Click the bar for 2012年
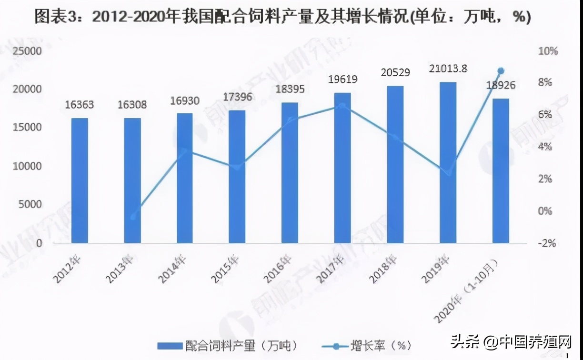click(x=80, y=180)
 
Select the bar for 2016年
click(x=290, y=172)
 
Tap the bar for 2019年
click(x=447, y=162)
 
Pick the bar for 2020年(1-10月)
click(x=501, y=170)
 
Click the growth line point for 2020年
click(x=501, y=71)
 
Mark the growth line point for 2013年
click(x=133, y=217)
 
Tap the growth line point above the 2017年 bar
click(x=342, y=106)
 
